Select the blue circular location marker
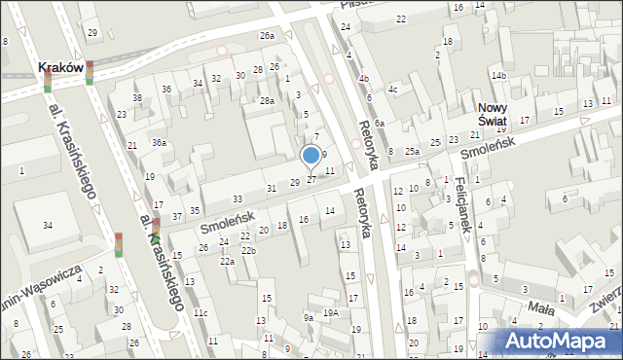tap(311, 155)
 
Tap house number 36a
tap(159, 143)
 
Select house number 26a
tap(267, 36)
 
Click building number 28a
tap(267, 101)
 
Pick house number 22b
tap(248, 251)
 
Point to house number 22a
tap(227, 262)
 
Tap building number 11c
tap(200, 313)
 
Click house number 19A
tap(331, 312)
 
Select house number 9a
tap(308, 317)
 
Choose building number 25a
tap(413, 151)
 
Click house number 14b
tap(499, 76)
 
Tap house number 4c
tap(393, 90)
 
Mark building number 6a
tap(380, 124)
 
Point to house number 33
tap(237, 200)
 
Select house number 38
tap(137, 98)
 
